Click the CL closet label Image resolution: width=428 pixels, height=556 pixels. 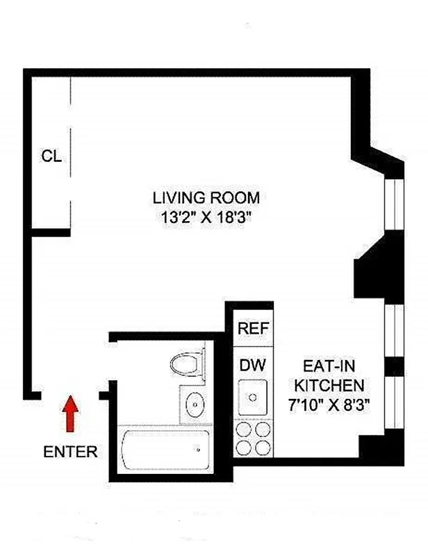click(x=51, y=156)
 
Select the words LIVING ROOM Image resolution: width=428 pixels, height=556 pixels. click(x=206, y=197)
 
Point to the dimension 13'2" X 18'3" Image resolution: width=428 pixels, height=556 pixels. click(x=206, y=216)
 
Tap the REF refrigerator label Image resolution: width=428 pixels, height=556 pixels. click(x=253, y=328)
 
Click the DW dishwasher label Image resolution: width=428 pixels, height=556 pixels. click(x=252, y=363)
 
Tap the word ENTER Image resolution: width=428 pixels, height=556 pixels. click(x=70, y=452)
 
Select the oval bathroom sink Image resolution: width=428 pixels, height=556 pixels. click(x=196, y=402)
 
